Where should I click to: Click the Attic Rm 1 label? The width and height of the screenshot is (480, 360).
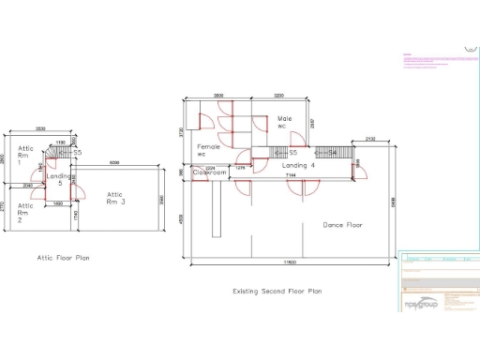coord(26,155)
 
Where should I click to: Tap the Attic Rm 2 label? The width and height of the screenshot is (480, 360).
coord(25,211)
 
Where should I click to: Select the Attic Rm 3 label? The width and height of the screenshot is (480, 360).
coord(115,197)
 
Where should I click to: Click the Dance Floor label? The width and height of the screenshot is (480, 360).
coord(342,225)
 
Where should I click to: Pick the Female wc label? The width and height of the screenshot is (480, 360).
coord(207,150)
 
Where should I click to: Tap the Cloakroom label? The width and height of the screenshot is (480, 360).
coord(211,172)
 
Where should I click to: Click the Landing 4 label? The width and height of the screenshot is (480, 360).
coord(298,166)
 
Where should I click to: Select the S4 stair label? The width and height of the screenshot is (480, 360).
coord(331,152)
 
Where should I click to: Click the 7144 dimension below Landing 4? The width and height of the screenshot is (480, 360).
coord(291,175)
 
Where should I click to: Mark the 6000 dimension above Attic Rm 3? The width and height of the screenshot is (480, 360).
coord(113,163)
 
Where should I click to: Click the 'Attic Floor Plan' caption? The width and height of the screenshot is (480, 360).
coord(64,257)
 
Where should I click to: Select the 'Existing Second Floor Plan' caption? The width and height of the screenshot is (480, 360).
coord(277,292)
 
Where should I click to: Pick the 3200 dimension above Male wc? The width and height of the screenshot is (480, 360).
coord(278,97)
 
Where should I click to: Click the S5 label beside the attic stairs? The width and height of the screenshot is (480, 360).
coord(78,152)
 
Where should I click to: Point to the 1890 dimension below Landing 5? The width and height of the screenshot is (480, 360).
coord(58,203)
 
